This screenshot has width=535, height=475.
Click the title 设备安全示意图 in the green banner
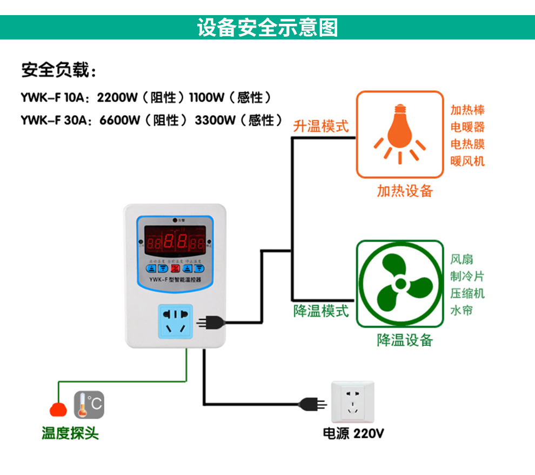[267, 27]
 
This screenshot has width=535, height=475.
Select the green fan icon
[399, 284]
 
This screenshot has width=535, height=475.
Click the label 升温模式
[321, 126]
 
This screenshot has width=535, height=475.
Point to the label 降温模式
[321, 311]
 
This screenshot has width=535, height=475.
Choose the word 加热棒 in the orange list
[467, 110]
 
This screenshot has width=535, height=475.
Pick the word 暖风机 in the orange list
[467, 161]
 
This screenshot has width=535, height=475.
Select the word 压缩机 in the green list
[467, 293]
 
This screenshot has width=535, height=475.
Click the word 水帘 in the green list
[462, 311]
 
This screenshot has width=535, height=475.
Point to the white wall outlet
[352, 403]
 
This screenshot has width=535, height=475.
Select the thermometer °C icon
[89, 405]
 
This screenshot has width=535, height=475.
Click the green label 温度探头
[70, 433]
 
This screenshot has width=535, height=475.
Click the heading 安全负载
[58, 71]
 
